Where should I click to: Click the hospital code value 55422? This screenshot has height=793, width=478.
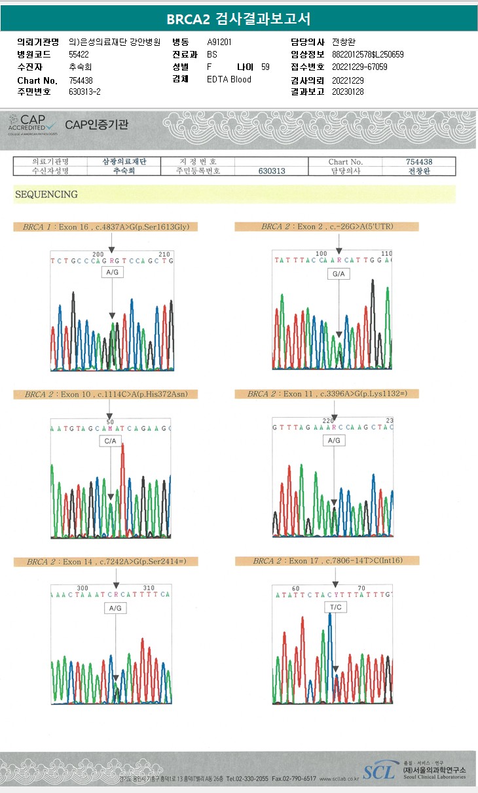click(x=79, y=54)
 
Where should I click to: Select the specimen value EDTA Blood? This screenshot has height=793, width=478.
click(x=229, y=79)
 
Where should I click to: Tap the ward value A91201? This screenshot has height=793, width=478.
click(x=219, y=42)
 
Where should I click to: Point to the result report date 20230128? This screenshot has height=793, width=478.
click(x=348, y=92)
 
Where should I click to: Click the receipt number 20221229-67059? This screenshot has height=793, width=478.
click(x=359, y=67)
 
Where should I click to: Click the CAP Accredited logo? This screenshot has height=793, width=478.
click(x=32, y=123)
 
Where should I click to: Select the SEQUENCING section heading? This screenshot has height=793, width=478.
click(x=46, y=194)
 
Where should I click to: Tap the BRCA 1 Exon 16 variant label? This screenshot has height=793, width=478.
click(x=106, y=227)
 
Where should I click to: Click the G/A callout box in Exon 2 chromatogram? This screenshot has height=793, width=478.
click(x=338, y=275)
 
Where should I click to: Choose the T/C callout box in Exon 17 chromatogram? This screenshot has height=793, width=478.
click(x=335, y=607)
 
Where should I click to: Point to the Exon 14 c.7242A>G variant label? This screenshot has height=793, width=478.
click(x=105, y=562)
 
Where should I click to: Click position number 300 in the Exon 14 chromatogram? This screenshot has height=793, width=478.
click(x=83, y=588)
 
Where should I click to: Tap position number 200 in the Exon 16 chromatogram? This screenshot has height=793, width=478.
click(x=98, y=254)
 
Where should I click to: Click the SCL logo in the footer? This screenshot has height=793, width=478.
click(x=379, y=772)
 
